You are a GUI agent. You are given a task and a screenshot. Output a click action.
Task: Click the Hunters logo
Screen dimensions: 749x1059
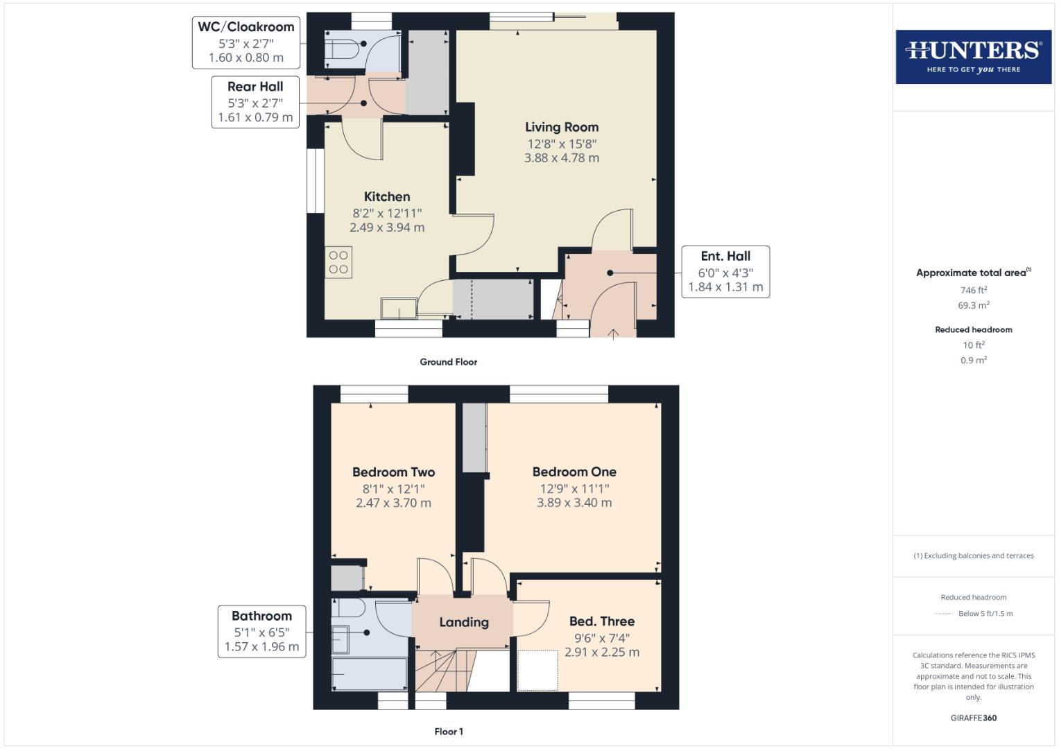[973, 56]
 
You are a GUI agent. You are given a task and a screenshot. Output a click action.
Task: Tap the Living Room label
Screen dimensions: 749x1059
[561, 127]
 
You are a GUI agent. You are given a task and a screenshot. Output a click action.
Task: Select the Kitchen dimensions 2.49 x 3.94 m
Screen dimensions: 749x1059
[387, 227]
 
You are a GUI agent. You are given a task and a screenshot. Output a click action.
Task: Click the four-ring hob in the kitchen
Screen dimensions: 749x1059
[338, 262]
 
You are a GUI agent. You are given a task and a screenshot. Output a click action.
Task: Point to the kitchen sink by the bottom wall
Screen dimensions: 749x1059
[399, 307]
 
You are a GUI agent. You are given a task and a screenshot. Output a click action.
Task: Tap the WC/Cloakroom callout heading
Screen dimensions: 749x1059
[246, 27]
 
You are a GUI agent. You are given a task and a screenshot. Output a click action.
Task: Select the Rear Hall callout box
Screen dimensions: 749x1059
[255, 102]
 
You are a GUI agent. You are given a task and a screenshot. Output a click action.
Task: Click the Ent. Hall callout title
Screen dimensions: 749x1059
[725, 256]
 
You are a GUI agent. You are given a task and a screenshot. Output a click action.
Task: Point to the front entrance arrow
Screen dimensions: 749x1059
[613, 334]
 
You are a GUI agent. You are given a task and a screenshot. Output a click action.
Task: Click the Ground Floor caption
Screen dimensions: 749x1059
[448, 362]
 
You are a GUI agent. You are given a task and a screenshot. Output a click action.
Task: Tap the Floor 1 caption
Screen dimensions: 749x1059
[448, 732]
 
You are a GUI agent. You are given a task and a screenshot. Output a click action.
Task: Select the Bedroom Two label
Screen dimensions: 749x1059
[393, 472]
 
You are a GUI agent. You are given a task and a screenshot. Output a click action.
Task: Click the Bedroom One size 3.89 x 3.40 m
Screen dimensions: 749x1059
[574, 503]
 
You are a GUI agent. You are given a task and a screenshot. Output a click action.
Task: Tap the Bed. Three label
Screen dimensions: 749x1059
[601, 621]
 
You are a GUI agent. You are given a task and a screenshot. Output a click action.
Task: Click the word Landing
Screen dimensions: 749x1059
[463, 623]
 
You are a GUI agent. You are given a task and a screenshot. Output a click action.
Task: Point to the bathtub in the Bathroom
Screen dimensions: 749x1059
[369, 673]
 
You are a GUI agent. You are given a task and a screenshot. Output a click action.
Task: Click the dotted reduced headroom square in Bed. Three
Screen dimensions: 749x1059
[537, 670]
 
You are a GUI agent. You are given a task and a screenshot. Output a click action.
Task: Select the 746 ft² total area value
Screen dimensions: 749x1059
[973, 291]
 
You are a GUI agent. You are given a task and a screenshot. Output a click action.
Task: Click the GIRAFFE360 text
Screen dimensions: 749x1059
[973, 718]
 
